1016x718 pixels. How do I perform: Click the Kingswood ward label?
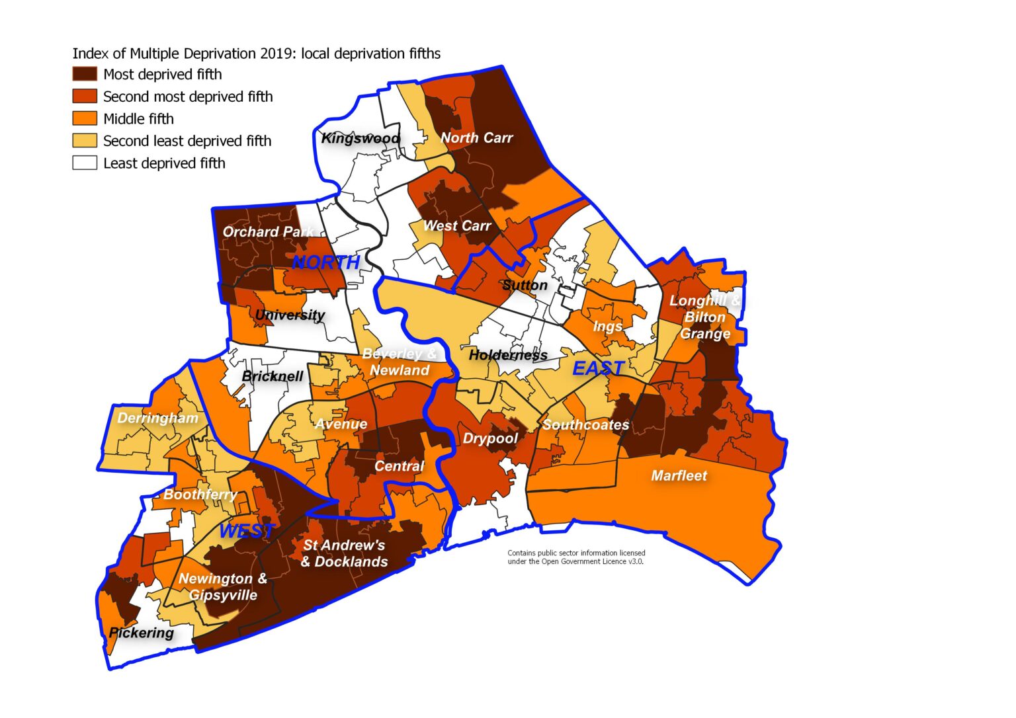[360, 138]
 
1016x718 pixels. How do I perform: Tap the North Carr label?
[476, 138]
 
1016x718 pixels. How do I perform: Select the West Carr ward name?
[456, 225]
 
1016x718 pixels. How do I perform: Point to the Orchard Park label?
[268, 231]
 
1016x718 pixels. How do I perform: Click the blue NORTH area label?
[325, 262]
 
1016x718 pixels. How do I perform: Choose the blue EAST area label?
[598, 368]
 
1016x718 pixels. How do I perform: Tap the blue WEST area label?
[247, 530]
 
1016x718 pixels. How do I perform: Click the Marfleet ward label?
[679, 475]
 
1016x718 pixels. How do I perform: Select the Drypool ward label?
[490, 438]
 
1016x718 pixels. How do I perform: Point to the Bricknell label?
[273, 376]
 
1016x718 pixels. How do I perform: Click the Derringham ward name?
[157, 418]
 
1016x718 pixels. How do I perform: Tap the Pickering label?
[141, 633]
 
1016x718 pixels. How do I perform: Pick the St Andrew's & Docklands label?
[344, 553]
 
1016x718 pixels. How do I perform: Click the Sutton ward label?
[525, 285]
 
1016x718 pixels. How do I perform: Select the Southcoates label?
[585, 424]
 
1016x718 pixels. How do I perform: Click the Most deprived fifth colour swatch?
[85, 74]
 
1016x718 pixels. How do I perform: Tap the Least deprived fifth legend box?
[85, 163]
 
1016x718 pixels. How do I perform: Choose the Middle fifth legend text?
[138, 119]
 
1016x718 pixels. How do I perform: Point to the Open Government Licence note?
[576, 557]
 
